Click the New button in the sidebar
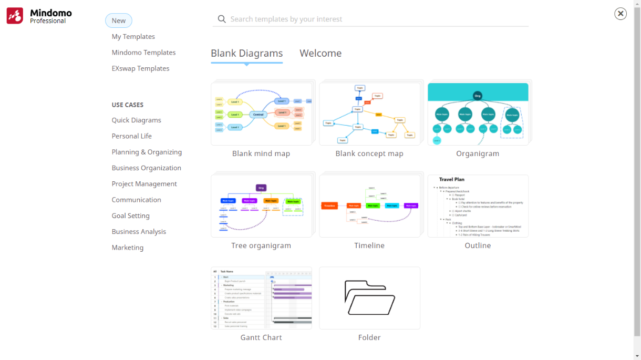point(118,21)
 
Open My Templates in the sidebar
point(133,37)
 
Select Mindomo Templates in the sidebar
point(143,53)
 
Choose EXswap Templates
point(140,68)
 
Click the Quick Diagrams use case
point(136,120)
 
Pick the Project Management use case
point(144,184)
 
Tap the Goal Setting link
point(130,216)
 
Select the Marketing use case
point(127,248)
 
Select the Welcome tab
point(320,53)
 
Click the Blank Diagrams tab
point(246,53)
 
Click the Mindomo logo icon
point(15,16)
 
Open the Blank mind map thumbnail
point(261,114)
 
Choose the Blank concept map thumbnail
point(369,114)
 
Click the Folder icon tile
point(369,298)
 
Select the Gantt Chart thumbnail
point(261,298)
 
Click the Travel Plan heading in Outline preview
point(451,180)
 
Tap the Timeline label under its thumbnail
point(369,245)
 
